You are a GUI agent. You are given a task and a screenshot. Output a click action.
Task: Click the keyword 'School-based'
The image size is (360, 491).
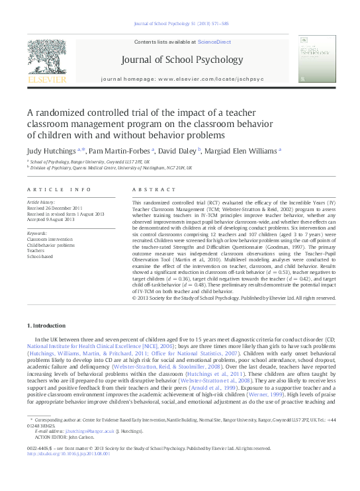tap(41, 257)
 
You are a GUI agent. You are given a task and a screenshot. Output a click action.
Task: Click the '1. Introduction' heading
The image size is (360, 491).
tap(48, 327)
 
